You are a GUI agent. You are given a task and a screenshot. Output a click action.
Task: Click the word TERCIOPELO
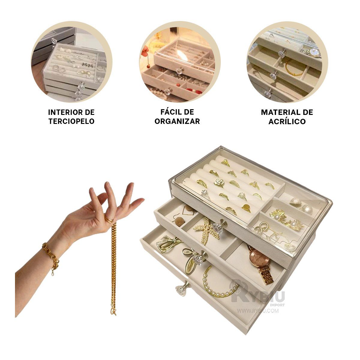pyautogui.click(x=72, y=121)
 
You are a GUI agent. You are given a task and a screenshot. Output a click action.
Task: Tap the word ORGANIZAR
pyautogui.click(x=177, y=121)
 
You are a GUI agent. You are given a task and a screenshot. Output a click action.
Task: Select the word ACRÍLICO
pyautogui.click(x=287, y=121)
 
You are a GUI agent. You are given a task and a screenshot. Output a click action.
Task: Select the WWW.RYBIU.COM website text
pyautogui.click(x=258, y=311)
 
